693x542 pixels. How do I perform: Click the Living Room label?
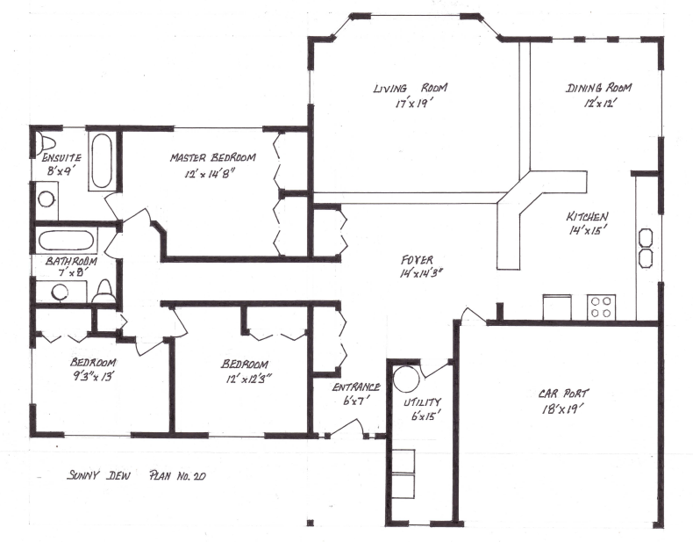tap(411, 88)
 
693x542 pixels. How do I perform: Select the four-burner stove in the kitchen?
tap(601, 307)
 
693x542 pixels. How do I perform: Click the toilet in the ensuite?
tap(46, 146)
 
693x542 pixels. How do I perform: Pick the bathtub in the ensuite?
tap(102, 160)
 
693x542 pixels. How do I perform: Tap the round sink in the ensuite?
tap(46, 199)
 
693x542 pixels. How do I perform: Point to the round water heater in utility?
tap(406, 379)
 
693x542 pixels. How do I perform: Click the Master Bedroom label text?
tap(213, 158)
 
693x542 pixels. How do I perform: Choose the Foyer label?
tap(416, 260)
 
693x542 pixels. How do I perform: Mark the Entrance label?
tap(356, 387)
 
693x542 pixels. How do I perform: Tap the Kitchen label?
tap(587, 216)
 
